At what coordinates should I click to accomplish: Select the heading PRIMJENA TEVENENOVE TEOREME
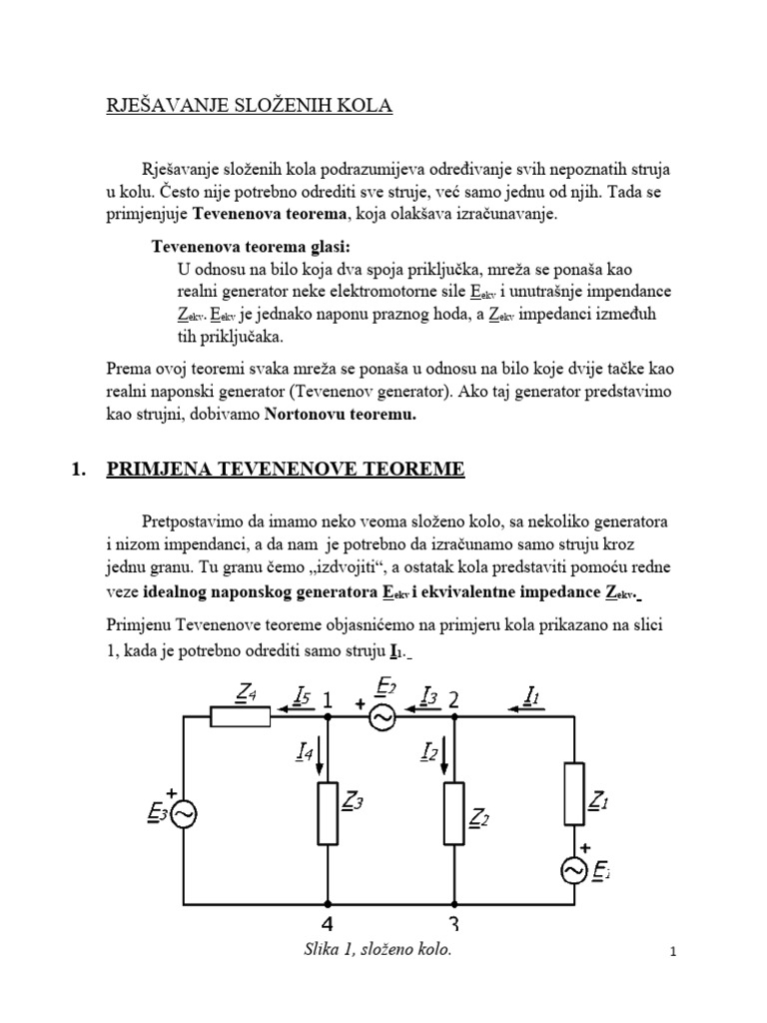tap(285, 470)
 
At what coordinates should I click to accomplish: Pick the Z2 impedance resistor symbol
tap(453, 812)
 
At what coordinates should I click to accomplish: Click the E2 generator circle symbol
tap(384, 715)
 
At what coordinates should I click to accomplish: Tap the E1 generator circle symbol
tap(576, 871)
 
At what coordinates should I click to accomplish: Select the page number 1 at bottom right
tap(673, 954)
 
